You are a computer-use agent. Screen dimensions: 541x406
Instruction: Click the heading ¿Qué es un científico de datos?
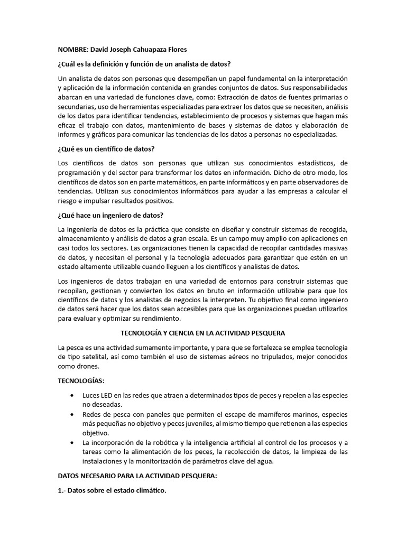coord(106,149)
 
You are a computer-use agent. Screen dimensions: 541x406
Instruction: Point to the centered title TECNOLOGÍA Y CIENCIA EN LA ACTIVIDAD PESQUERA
coord(203,333)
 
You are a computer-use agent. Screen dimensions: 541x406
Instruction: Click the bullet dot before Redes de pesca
coord(72,415)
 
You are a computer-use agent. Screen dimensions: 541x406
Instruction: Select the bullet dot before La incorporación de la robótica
coord(72,443)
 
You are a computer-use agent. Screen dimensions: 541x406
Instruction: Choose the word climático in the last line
coord(147,490)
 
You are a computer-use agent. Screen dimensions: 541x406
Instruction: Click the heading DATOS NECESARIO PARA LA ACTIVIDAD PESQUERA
coord(137,476)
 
